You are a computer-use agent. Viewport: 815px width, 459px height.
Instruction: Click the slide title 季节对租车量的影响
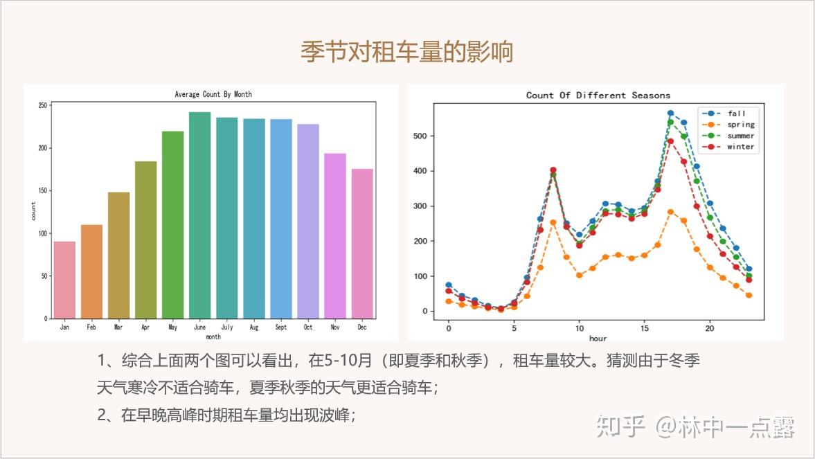tap(407, 52)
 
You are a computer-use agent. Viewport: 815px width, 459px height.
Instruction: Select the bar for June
tap(199, 215)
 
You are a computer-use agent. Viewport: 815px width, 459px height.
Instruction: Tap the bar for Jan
tap(64, 280)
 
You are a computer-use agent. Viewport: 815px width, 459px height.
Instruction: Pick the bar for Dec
tap(362, 243)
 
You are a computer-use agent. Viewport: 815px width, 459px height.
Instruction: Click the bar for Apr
tap(145, 240)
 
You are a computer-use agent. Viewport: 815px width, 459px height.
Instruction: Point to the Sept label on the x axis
tap(280, 327)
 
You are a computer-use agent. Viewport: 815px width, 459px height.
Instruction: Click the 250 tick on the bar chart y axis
tap(42, 105)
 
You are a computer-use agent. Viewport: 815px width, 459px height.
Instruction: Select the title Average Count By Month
tap(213, 94)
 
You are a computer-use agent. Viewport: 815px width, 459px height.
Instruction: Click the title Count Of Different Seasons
tap(598, 95)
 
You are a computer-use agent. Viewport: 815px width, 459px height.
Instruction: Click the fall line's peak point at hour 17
tap(670, 113)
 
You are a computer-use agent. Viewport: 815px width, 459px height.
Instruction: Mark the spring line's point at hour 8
tap(553, 222)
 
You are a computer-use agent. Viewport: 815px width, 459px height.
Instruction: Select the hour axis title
tap(598, 339)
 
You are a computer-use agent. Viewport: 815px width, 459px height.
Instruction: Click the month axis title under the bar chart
tap(213, 336)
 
